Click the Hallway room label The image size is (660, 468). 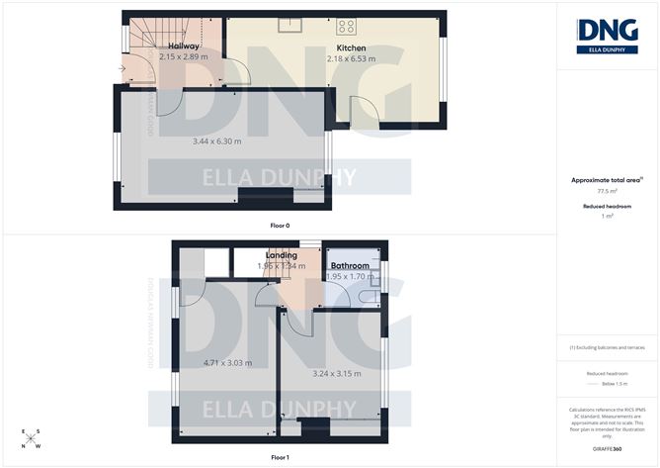click(185, 47)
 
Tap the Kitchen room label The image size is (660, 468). click(351, 47)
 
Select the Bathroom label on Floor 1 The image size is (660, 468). click(350, 266)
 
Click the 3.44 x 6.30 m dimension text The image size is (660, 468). click(216, 141)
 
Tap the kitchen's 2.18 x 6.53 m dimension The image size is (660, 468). click(352, 59)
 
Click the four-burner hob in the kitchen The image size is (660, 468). click(347, 26)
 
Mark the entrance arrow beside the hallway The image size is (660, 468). click(121, 69)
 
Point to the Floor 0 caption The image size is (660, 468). click(280, 226)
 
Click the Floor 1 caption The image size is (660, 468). click(280, 457)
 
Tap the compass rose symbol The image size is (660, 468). click(32, 438)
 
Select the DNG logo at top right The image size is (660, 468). click(607, 33)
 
